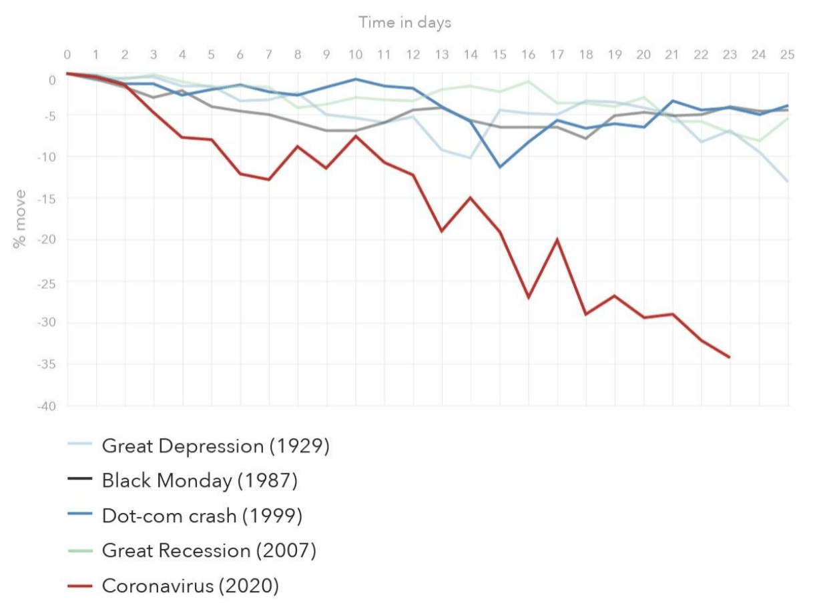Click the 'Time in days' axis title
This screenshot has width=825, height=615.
coord(404,22)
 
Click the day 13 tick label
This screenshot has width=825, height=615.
coord(442,55)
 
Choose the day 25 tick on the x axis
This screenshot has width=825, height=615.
coord(788,55)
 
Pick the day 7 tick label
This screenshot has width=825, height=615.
coord(269,55)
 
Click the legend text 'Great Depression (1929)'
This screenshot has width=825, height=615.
coord(216,446)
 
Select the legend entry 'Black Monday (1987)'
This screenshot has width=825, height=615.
coord(200,480)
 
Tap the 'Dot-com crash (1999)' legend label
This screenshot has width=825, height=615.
coord(202,516)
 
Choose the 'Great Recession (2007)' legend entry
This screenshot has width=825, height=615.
coord(209,551)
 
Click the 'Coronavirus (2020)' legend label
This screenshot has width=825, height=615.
coord(190,586)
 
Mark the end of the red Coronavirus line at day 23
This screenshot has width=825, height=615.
coord(730,358)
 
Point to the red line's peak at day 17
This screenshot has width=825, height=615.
coord(557,239)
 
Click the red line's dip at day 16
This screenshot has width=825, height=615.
coord(528,297)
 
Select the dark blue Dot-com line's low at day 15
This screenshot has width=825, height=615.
coord(499,167)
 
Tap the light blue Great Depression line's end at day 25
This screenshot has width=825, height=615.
coord(788,181)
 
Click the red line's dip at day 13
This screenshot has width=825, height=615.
coord(442,231)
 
